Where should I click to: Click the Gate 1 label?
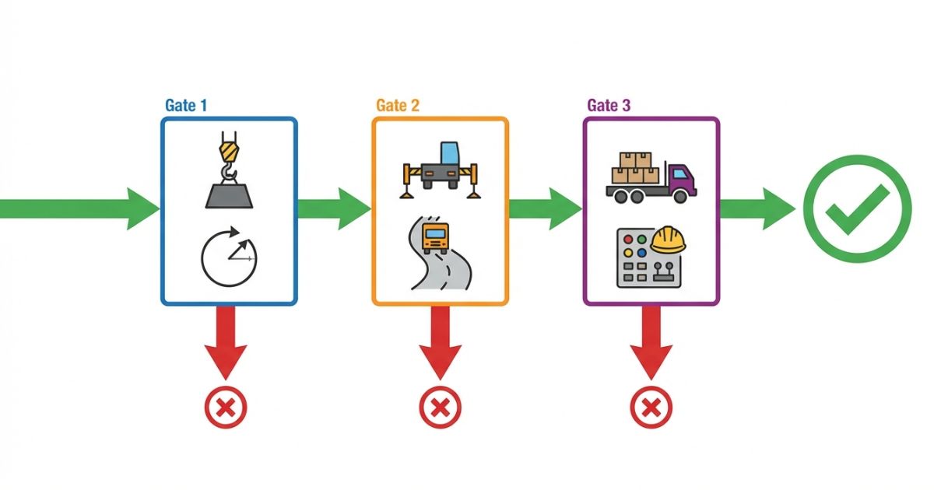186,105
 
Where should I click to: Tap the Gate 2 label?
398,105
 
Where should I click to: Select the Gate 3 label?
609,105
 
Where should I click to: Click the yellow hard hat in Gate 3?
668,240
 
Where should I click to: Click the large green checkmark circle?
857,208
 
